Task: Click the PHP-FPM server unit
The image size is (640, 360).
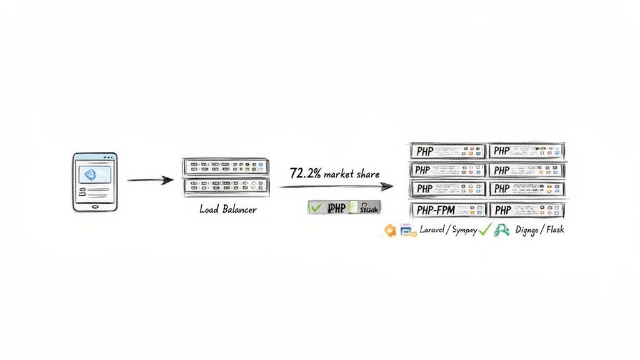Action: [x=447, y=210]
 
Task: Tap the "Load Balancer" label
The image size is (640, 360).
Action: [x=228, y=209]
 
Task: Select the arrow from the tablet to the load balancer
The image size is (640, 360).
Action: [x=150, y=181]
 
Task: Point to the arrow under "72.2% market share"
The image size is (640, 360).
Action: [x=335, y=186]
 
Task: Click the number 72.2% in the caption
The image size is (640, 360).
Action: [x=306, y=173]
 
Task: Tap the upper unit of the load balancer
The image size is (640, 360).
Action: [x=225, y=167]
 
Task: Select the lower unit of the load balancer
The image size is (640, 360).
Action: [x=225, y=186]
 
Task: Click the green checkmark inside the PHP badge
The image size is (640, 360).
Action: [x=315, y=208]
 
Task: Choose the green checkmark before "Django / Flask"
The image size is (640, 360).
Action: [x=484, y=230]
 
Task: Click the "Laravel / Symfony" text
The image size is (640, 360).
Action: [x=448, y=230]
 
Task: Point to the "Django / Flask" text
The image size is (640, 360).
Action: [x=539, y=230]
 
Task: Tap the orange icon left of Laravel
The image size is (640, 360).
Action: [x=390, y=230]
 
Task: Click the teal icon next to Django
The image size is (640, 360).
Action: [x=501, y=231]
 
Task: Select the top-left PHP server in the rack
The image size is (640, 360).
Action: [x=447, y=151]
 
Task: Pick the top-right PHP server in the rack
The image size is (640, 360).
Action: [x=526, y=151]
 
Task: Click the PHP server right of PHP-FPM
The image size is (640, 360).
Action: [x=526, y=210]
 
